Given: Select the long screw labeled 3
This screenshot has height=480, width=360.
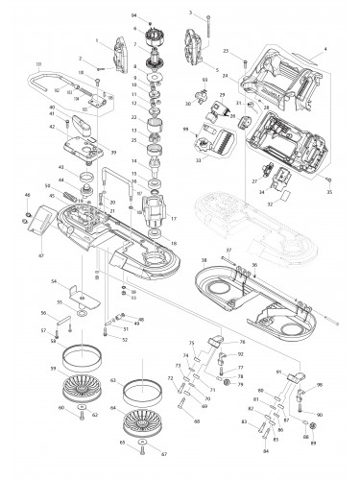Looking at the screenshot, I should click(205, 29).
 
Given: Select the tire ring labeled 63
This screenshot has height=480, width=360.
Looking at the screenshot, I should click(141, 391).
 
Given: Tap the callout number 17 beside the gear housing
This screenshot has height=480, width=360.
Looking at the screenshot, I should click(174, 219).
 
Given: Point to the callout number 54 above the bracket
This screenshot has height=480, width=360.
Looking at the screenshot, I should click(55, 281).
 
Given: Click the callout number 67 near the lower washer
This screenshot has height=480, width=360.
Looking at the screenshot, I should click(151, 454).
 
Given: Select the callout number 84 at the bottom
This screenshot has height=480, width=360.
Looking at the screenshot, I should click(266, 450).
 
